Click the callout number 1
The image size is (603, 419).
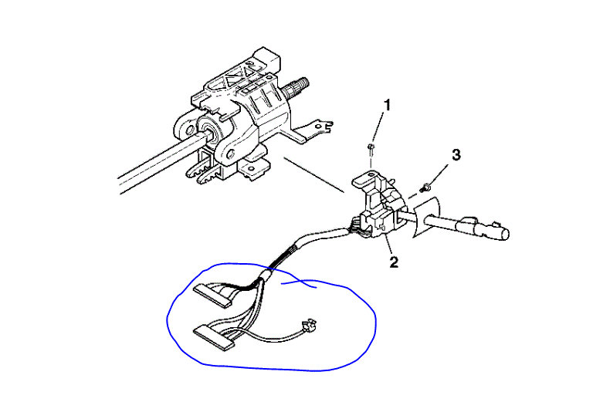coord(388,104)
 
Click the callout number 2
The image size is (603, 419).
coord(394,262)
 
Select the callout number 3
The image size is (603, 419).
coord(456,155)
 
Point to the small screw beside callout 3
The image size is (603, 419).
coord(425,186)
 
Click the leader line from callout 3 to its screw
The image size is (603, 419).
coord(441,171)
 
